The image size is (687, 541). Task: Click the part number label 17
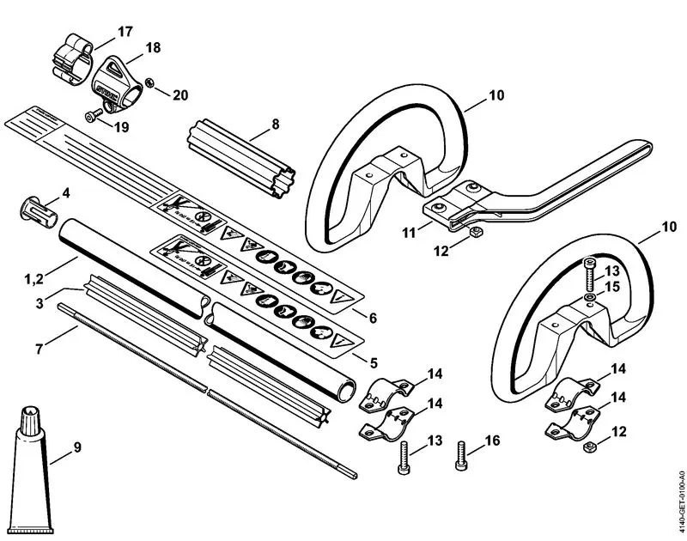(125, 32)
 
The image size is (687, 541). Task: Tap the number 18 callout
(152, 48)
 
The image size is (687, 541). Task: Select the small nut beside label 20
(149, 82)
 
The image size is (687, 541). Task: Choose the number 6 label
(372, 316)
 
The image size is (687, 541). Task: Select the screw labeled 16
(463, 456)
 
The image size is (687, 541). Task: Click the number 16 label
(491, 441)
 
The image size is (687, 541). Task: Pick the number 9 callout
(77, 447)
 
